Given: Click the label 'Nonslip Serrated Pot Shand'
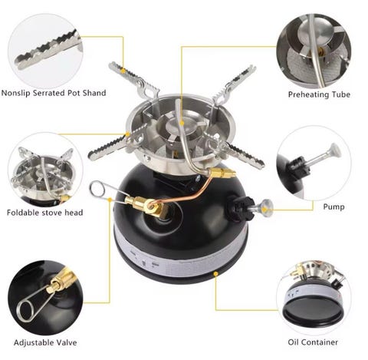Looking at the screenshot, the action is (x=54, y=93).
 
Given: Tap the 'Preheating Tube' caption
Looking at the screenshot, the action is (x=319, y=94).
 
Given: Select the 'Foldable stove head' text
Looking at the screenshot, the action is (x=45, y=213).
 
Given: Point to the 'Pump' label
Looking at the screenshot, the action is (x=333, y=206).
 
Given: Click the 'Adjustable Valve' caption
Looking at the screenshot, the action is (x=45, y=342).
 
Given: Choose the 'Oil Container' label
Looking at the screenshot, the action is (x=313, y=342).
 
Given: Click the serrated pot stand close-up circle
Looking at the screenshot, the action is (x=45, y=51).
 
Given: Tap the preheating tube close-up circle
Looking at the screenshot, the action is (x=314, y=51).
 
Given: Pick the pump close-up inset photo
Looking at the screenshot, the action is (x=314, y=163).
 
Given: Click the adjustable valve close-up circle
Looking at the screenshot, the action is (x=45, y=298).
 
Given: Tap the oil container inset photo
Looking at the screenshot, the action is (x=314, y=298).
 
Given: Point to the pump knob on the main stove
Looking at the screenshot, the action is (x=266, y=206).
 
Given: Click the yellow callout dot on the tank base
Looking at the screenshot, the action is (x=215, y=274).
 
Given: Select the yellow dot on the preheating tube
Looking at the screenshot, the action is (x=182, y=124).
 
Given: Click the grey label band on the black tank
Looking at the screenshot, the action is (x=179, y=259).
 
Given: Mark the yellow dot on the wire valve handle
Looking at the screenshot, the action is (x=110, y=200).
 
